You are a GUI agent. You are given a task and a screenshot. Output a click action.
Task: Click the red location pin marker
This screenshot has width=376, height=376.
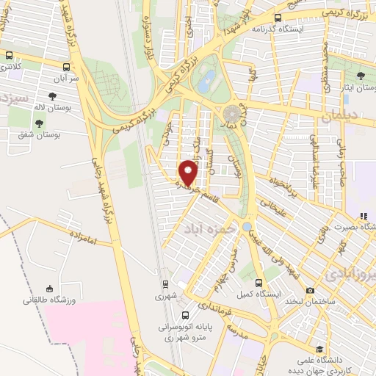click(x=189, y=173)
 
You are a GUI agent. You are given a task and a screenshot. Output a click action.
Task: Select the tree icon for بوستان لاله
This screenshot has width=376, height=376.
click(x=53, y=96)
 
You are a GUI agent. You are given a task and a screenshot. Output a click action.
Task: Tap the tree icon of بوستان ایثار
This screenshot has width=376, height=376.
click(x=360, y=76)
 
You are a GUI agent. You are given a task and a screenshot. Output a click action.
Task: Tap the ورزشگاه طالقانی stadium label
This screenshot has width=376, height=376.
click(x=45, y=300)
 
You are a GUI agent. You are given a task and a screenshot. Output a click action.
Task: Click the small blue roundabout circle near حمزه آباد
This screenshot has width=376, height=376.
click(x=247, y=227)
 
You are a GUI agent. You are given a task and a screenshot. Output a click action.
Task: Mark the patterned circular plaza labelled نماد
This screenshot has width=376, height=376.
click(x=232, y=113)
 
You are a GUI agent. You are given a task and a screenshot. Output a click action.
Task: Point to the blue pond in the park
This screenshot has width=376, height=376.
click(x=208, y=79)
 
